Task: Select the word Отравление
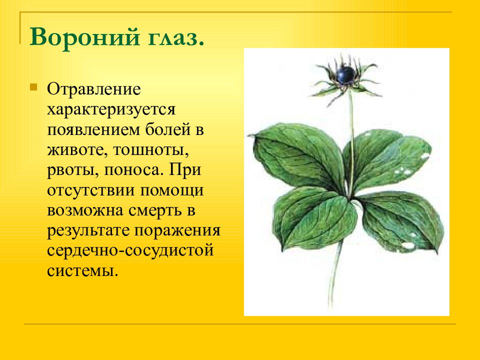94,89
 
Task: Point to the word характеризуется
111,110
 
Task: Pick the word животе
77,150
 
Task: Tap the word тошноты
151,150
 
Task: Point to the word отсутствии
91,190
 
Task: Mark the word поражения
177,231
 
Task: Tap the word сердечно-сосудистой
130,251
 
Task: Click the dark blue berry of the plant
345,74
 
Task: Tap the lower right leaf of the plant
401,220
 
